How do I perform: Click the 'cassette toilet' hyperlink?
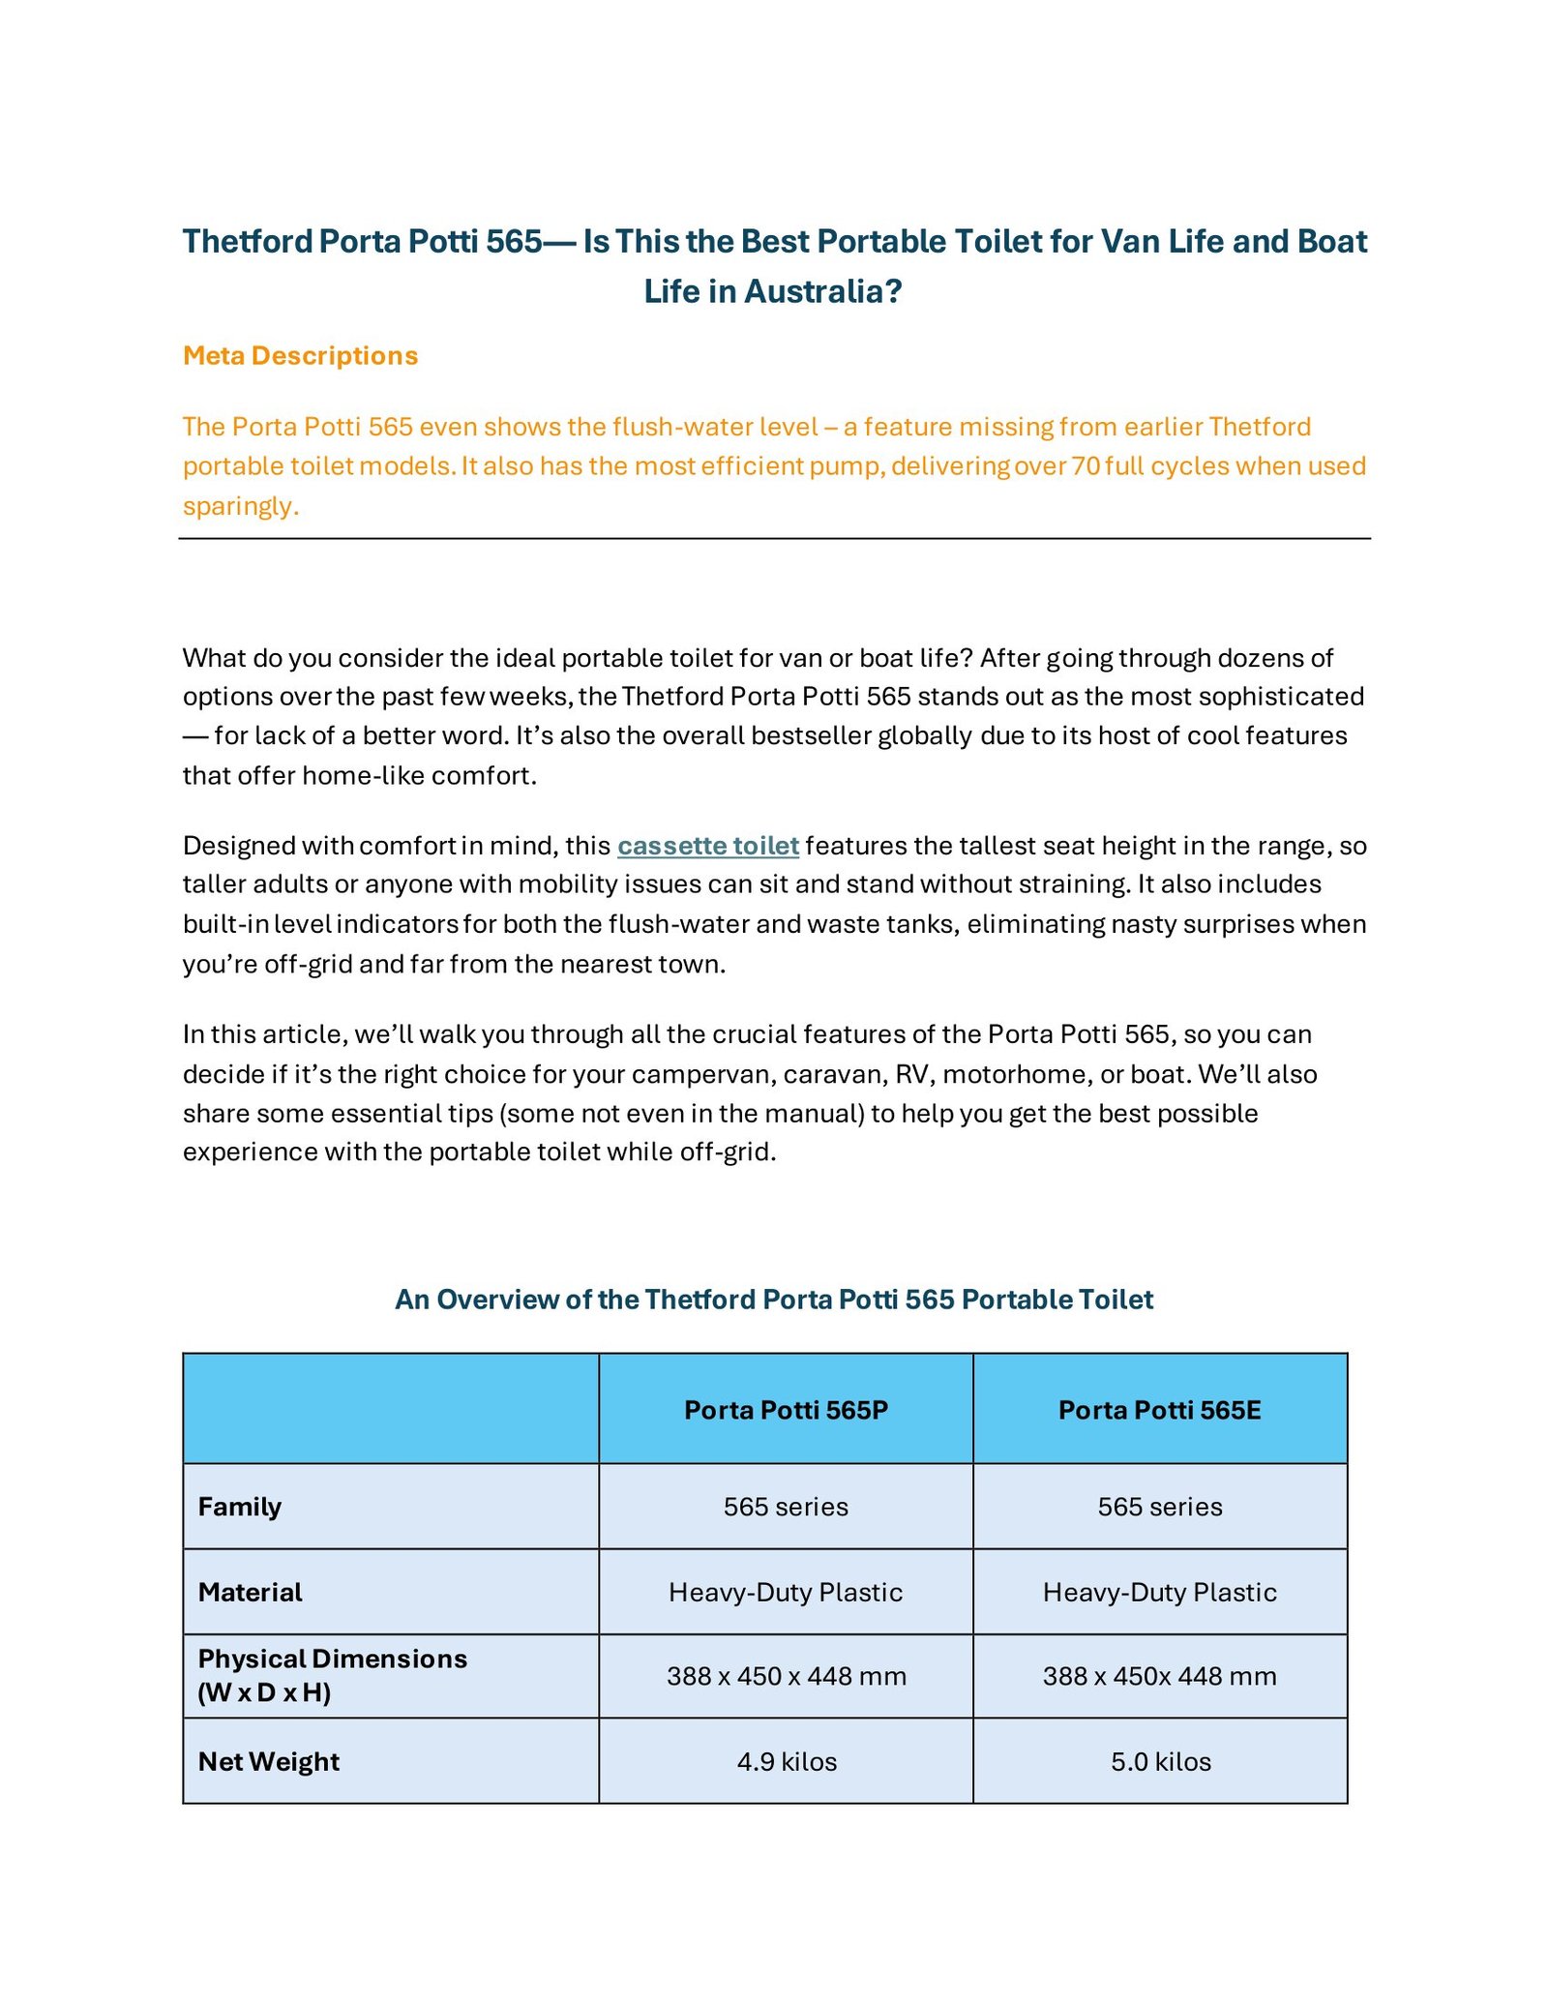click(708, 846)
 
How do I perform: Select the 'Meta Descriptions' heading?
click(300, 356)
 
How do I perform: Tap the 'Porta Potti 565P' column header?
click(786, 1410)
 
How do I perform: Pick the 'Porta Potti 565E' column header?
click(1159, 1410)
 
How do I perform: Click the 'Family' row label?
click(239, 1507)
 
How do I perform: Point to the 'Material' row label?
click(250, 1592)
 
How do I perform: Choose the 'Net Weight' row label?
click(268, 1761)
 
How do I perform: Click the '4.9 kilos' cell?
click(787, 1761)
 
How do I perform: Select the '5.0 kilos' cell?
click(1160, 1761)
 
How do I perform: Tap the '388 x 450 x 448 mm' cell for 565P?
click(786, 1676)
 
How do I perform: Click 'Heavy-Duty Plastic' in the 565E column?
click(1159, 1592)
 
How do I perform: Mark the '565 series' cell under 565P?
click(786, 1507)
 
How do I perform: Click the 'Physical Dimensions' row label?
click(332, 1659)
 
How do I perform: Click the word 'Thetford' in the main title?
click(247, 241)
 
